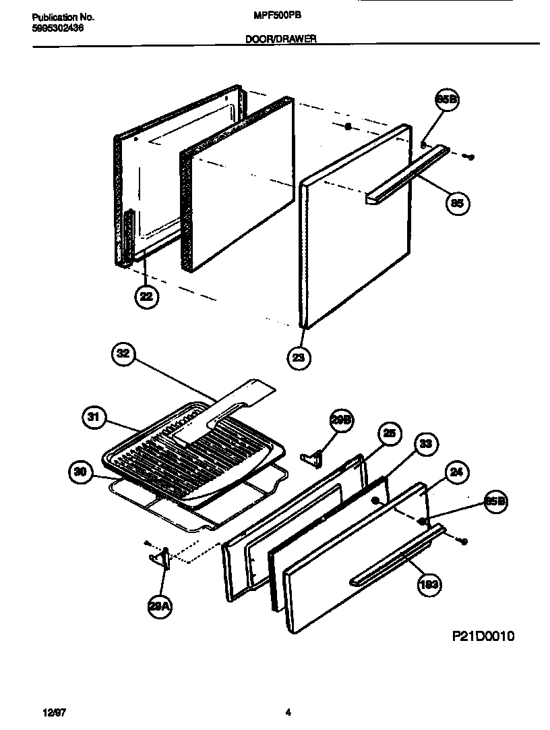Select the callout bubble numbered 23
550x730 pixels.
tap(299, 357)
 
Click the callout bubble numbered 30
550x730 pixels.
tap(80, 472)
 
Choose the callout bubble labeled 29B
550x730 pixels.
tap(341, 420)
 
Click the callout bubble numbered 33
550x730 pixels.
tap(426, 444)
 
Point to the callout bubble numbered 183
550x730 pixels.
tap(429, 584)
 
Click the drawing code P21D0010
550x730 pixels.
tap(483, 636)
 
